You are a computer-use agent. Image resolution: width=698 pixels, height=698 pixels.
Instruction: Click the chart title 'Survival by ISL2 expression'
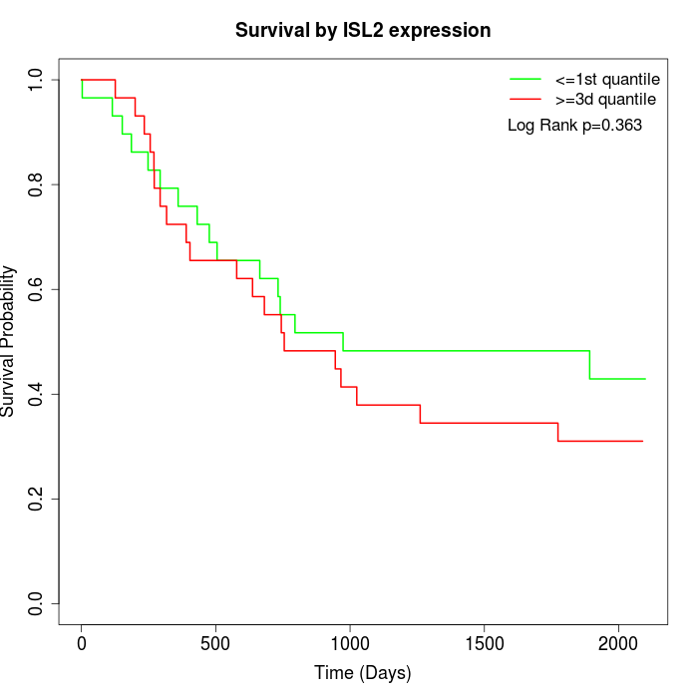tap(363, 31)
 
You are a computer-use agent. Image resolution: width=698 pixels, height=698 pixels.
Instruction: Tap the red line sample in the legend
tap(525, 100)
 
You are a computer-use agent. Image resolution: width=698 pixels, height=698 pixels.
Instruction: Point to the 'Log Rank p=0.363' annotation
tap(574, 126)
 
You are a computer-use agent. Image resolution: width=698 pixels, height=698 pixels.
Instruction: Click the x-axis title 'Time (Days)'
tap(362, 673)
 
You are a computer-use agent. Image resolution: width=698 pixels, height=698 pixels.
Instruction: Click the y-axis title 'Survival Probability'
tap(9, 341)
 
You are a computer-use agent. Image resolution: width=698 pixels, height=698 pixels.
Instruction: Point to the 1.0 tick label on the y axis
tap(37, 80)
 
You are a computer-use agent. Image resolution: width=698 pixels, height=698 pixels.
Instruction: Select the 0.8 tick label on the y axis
tap(37, 184)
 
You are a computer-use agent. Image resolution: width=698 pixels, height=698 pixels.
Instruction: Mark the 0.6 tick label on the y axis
tap(37, 289)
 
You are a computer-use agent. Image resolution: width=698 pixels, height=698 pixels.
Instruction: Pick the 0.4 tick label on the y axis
tap(37, 394)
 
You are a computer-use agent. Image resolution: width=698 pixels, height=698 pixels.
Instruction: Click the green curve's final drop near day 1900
tap(589, 365)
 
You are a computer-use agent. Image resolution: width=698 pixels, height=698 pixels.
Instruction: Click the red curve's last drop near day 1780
tap(558, 432)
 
